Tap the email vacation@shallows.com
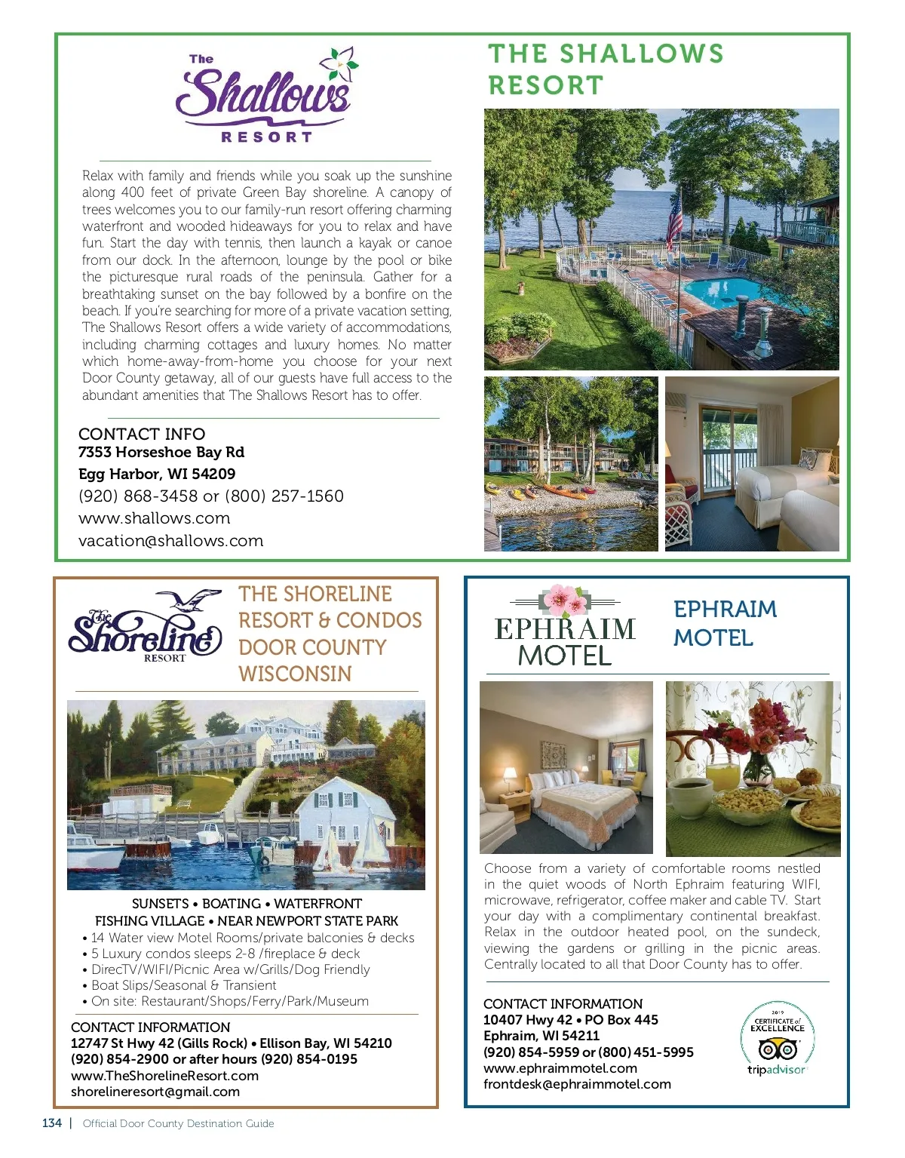pyautogui.click(x=171, y=541)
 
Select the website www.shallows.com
pyautogui.click(x=155, y=518)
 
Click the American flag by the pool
pyautogui.click(x=674, y=219)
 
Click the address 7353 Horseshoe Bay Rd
pyautogui.click(x=161, y=452)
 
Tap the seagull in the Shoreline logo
pyautogui.click(x=195, y=601)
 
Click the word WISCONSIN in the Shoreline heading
pyautogui.click(x=295, y=674)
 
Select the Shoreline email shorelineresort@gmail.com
pyautogui.click(x=155, y=1092)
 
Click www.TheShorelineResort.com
pyautogui.click(x=164, y=1076)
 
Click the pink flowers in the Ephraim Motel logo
pyautogui.click(x=566, y=601)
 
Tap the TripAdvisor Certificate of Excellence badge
pyautogui.click(x=777, y=1039)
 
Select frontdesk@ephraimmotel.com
pyautogui.click(x=577, y=1084)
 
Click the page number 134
pyautogui.click(x=52, y=1123)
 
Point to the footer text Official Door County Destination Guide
pyautogui.click(x=179, y=1123)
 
